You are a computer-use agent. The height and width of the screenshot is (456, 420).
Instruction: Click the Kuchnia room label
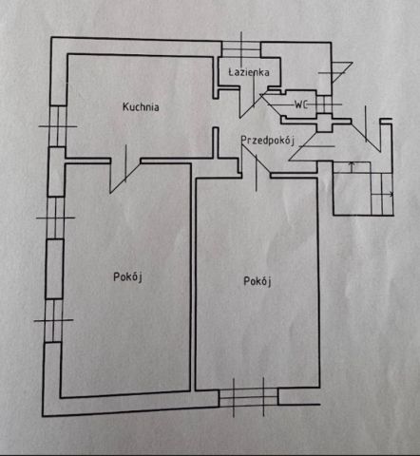tap(141, 106)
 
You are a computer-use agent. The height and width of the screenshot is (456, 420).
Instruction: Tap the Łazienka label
tap(249, 72)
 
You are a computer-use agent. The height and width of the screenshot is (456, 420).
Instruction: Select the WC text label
tap(301, 104)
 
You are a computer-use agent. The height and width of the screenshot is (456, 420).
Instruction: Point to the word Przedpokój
tap(268, 140)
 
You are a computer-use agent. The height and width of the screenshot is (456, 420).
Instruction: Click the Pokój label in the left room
tap(127, 277)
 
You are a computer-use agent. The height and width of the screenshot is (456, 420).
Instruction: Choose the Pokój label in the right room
tap(258, 281)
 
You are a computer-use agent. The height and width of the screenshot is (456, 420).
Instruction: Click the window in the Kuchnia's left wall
tap(58, 126)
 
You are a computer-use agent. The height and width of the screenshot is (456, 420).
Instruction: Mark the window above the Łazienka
tap(241, 49)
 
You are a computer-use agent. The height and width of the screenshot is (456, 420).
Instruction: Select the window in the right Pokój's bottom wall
tap(249, 398)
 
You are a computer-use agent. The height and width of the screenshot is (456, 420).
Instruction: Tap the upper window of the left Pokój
tap(55, 218)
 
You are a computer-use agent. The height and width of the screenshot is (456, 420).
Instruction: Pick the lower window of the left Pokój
tap(53, 320)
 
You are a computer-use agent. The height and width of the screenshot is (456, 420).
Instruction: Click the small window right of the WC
tap(324, 104)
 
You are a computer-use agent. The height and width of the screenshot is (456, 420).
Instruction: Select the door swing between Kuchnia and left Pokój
tap(124, 169)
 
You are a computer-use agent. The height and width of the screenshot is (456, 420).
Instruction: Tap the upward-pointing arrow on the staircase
tap(352, 167)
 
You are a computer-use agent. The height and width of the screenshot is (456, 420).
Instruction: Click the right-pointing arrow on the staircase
tap(382, 194)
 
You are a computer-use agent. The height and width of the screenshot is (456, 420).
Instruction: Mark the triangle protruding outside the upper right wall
tap(341, 72)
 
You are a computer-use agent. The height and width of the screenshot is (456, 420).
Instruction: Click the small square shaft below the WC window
tap(324, 123)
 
